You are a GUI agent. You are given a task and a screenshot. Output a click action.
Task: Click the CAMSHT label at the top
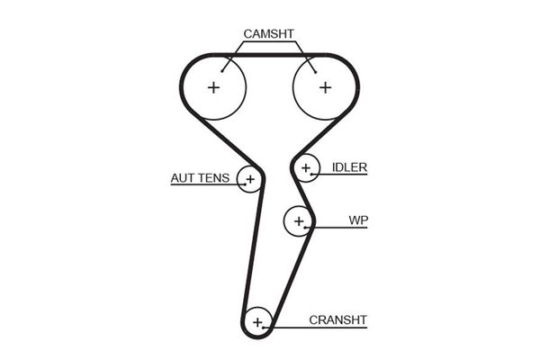tap(268, 34)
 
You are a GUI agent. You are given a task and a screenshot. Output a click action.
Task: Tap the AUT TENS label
tap(200, 177)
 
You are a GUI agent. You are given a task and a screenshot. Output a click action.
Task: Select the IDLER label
tap(350, 167)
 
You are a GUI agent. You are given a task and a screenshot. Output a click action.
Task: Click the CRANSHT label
tap(338, 319)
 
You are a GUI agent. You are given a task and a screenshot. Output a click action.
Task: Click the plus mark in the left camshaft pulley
tap(214, 87)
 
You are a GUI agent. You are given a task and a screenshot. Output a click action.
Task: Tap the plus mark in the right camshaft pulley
tap(324, 87)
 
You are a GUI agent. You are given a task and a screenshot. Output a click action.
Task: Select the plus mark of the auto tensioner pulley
tap(249, 179)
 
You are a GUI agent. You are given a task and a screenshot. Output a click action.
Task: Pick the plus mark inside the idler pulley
tap(307, 167)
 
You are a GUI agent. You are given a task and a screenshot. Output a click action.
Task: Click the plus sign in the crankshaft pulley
tap(258, 321)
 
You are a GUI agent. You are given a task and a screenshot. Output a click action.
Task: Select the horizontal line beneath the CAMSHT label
tap(268, 42)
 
